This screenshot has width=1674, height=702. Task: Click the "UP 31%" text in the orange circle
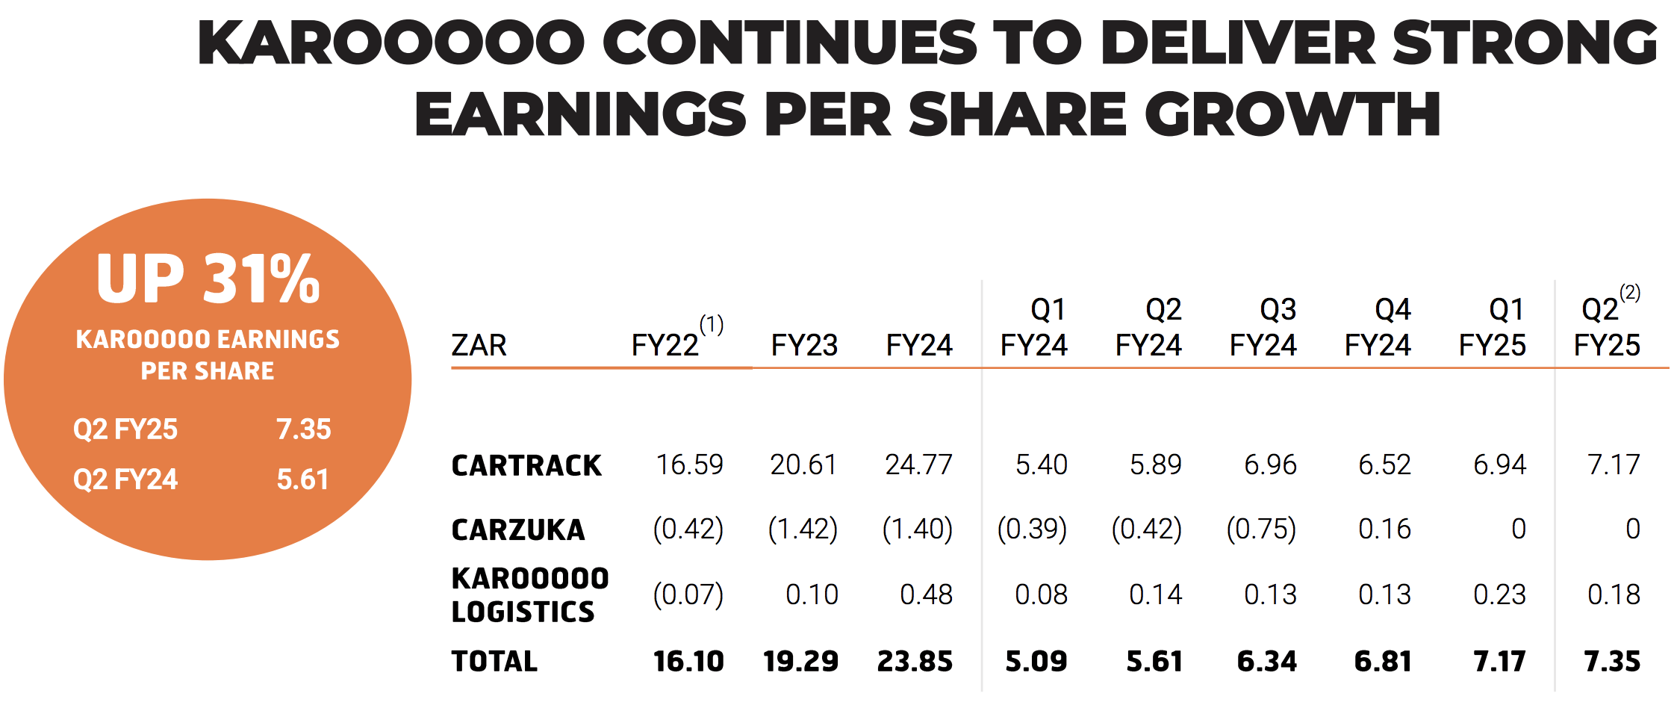(208, 279)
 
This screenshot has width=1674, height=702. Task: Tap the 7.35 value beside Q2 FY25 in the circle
(303, 429)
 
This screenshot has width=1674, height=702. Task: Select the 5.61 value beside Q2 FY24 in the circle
(302, 479)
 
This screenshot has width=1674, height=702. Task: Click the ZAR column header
(479, 346)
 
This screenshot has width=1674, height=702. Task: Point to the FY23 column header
(804, 346)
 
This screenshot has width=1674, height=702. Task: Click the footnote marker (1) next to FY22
(712, 324)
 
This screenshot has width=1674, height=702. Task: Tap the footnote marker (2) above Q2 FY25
(1630, 293)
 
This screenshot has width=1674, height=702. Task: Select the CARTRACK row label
(526, 466)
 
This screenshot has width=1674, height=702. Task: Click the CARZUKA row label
(518, 530)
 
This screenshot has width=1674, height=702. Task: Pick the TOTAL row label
(494, 662)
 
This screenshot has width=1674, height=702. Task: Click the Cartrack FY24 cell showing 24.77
(918, 465)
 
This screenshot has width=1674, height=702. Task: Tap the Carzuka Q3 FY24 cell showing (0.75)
(1261, 529)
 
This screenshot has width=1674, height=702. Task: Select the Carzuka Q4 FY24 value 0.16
(1384, 529)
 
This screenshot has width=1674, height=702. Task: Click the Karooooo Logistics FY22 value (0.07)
(688, 595)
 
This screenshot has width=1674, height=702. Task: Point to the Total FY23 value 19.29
(800, 662)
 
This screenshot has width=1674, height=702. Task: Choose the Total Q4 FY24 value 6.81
(1383, 662)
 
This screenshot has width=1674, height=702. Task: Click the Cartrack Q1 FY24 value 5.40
(1041, 465)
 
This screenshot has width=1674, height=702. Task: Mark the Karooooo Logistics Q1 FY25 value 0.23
(1499, 595)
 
